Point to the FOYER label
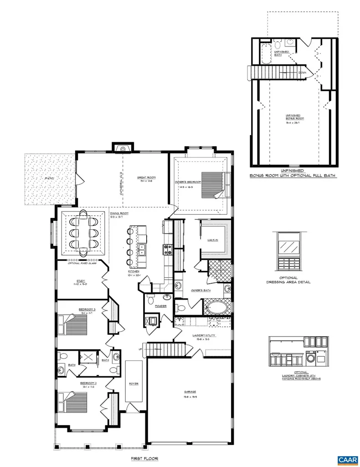[x=134, y=384]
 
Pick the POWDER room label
[x=160, y=306]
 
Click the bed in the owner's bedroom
[x=211, y=184]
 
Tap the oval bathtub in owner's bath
[x=218, y=306]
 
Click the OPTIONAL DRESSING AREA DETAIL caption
[x=288, y=280]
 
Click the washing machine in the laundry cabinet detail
[x=312, y=358]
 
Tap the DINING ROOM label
[x=119, y=213]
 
